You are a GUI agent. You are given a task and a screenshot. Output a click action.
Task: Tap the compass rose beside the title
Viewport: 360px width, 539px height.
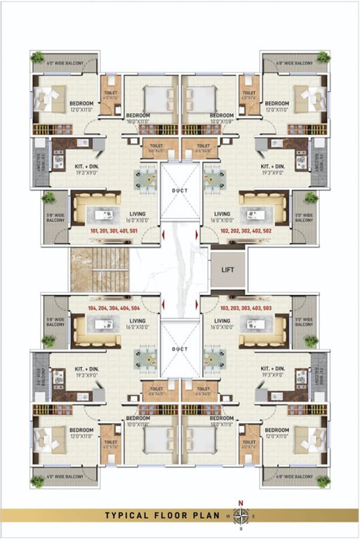pyautogui.click(x=241, y=514)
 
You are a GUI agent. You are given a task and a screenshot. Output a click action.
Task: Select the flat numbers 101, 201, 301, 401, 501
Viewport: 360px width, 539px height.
pyautogui.click(x=113, y=229)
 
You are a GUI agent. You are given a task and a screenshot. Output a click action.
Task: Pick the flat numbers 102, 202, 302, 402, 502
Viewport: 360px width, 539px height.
pyautogui.click(x=246, y=229)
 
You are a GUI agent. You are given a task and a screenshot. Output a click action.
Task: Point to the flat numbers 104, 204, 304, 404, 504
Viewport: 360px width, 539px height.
pyautogui.click(x=113, y=308)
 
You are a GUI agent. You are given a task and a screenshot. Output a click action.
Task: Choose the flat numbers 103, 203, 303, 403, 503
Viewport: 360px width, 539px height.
pyautogui.click(x=246, y=308)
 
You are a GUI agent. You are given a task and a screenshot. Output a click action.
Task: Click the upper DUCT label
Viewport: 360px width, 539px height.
pyautogui.click(x=180, y=190)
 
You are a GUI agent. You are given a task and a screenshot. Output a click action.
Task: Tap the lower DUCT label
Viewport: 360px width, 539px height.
pyautogui.click(x=180, y=349)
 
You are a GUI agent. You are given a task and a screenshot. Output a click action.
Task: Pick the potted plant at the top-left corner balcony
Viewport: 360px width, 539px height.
pyautogui.click(x=37, y=57)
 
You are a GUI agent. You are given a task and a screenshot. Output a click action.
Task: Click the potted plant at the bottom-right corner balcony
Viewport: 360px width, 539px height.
pyautogui.click(x=323, y=481)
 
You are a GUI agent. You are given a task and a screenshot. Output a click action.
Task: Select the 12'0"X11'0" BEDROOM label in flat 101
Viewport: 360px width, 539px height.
pyautogui.click(x=81, y=107)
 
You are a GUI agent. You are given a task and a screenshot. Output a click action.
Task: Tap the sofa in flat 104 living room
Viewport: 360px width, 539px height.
pyautogui.click(x=97, y=331)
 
